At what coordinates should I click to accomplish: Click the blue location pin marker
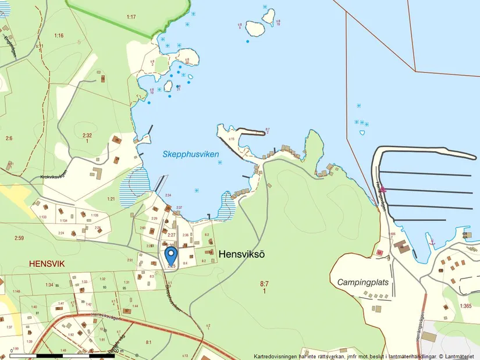pyautogui.click(x=171, y=255)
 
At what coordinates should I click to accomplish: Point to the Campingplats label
pyautogui.click(x=363, y=283)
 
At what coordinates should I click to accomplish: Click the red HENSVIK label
pyautogui.click(x=47, y=263)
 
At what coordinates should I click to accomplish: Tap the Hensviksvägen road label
pyautogui.click(x=105, y=318)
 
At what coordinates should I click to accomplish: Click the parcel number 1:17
pyautogui.click(x=131, y=17)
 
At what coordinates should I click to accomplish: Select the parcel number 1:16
pyautogui.click(x=59, y=36)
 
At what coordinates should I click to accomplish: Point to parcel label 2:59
pyautogui.click(x=19, y=238)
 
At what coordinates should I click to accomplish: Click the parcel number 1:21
pyautogui.click(x=111, y=199)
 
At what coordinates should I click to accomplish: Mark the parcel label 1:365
pyautogui.click(x=465, y=306)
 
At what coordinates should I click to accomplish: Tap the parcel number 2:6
pyautogui.click(x=9, y=138)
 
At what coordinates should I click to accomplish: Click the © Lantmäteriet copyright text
pyautogui.click(x=457, y=356)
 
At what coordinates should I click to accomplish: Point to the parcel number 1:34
pyautogui.click(x=49, y=284)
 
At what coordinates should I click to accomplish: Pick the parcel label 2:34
pyautogui.click(x=168, y=195)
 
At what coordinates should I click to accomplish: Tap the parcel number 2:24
pyautogui.click(x=61, y=233)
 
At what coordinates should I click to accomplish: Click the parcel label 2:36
pyautogui.click(x=186, y=235)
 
